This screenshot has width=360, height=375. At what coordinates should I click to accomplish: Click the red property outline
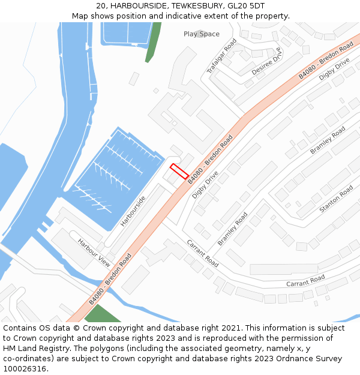(x=179, y=171)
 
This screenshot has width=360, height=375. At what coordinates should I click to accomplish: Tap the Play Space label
(x=202, y=34)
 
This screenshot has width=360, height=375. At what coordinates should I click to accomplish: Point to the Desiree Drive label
(x=266, y=62)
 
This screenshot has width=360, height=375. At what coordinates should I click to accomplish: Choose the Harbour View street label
(x=94, y=253)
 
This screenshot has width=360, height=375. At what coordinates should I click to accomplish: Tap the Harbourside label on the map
(x=133, y=211)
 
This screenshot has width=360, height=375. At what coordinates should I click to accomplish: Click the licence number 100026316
(x=23, y=369)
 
